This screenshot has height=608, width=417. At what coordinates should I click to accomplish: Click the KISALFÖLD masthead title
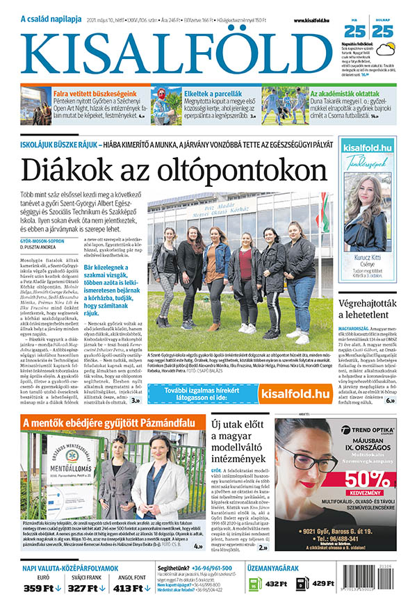[x=167, y=51]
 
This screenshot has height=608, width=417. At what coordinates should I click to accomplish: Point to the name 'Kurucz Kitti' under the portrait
[x=373, y=255]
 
